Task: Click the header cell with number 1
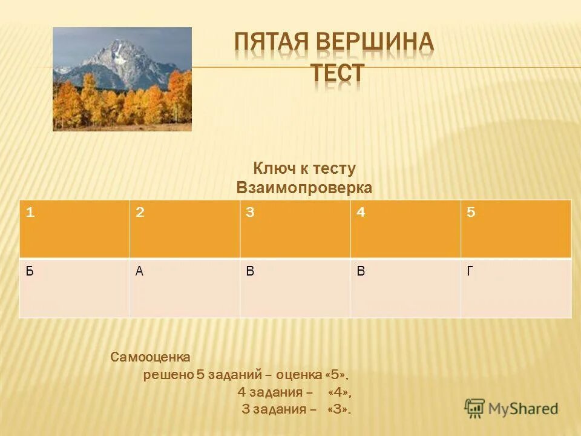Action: [74, 229]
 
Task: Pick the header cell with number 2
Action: [185, 229]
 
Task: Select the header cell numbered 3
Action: [295, 229]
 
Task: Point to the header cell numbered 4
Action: [405, 229]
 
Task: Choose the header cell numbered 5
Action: [516, 229]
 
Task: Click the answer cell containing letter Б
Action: [74, 288]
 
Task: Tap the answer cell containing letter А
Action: [185, 288]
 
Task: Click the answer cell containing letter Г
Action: [516, 288]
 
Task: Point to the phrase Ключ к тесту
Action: [304, 169]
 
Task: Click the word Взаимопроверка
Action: [304, 188]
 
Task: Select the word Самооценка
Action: [151, 357]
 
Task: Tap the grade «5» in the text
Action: [336, 375]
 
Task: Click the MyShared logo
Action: [512, 408]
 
